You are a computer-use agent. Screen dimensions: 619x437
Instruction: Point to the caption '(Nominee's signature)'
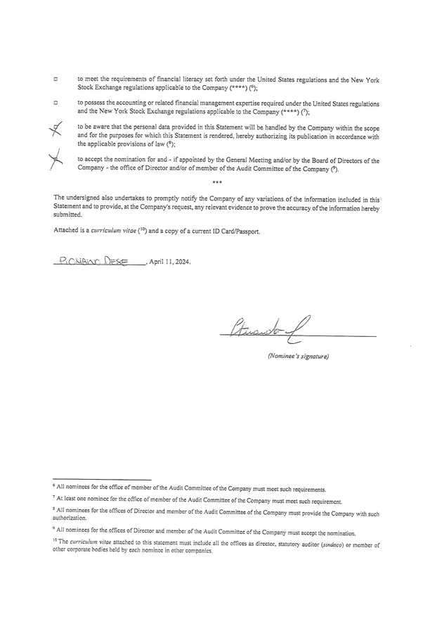tap(297, 356)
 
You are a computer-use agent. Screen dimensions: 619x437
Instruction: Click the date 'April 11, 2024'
tap(170, 262)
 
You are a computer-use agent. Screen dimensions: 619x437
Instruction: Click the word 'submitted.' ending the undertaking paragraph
tap(67, 216)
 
